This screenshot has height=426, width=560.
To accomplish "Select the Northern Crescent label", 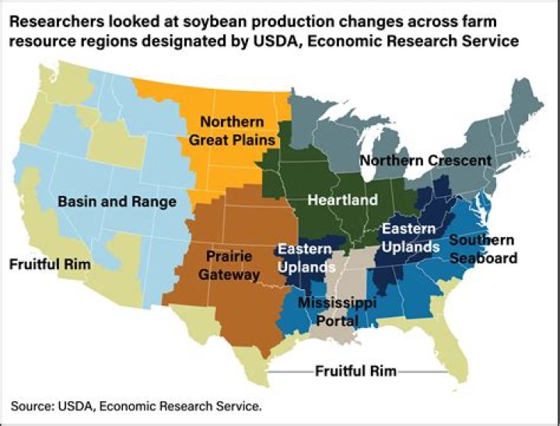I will pyautogui.click(x=425, y=160).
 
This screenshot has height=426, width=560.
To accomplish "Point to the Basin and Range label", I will pyautogui.click(x=117, y=201).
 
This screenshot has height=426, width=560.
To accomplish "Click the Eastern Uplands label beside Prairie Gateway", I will pyautogui.click(x=305, y=257).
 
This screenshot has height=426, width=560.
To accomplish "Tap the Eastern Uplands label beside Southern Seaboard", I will pyautogui.click(x=409, y=237).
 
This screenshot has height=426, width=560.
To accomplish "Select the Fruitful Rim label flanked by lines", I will pyautogui.click(x=355, y=371).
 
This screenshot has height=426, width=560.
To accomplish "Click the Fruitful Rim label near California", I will pyautogui.click(x=50, y=264).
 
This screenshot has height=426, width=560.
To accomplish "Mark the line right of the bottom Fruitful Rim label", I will pyautogui.click(x=424, y=372).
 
